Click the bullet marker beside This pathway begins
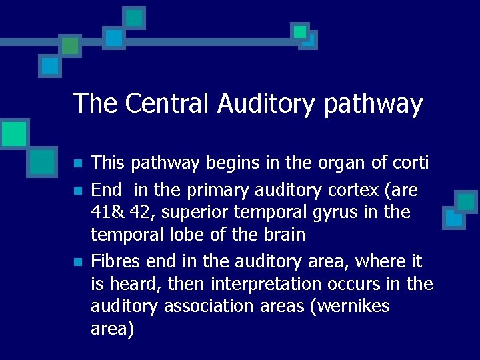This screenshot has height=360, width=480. pyautogui.click(x=77, y=163)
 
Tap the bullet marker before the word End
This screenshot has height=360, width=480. pyautogui.click(x=77, y=191)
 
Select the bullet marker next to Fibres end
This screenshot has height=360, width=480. pyautogui.click(x=77, y=261)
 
